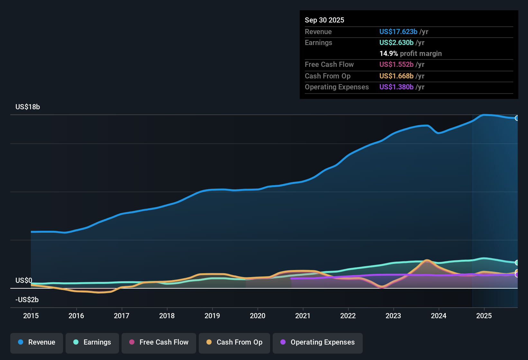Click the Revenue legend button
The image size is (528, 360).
[x=37, y=342]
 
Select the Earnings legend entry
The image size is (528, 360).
[x=92, y=342]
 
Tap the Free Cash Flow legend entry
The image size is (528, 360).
[x=159, y=342]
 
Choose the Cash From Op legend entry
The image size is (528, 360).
[x=234, y=342]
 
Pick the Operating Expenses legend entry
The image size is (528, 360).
[x=318, y=342]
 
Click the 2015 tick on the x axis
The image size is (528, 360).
[x=31, y=316]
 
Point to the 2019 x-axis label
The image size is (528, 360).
[x=212, y=316]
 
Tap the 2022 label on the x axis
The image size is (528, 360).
[x=348, y=316]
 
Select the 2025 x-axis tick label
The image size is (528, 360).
[x=484, y=316]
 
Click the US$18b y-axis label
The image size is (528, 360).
[x=28, y=107]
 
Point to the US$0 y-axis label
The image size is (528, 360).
[x=24, y=280]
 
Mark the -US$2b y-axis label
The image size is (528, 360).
[x=27, y=300]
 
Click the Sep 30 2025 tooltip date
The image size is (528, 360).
[x=324, y=20]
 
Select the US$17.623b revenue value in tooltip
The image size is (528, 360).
[x=398, y=32]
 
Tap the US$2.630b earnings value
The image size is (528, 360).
[x=396, y=42]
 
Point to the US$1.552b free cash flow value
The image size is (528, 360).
[x=396, y=64]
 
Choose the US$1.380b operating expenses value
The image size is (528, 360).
[x=396, y=87]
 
